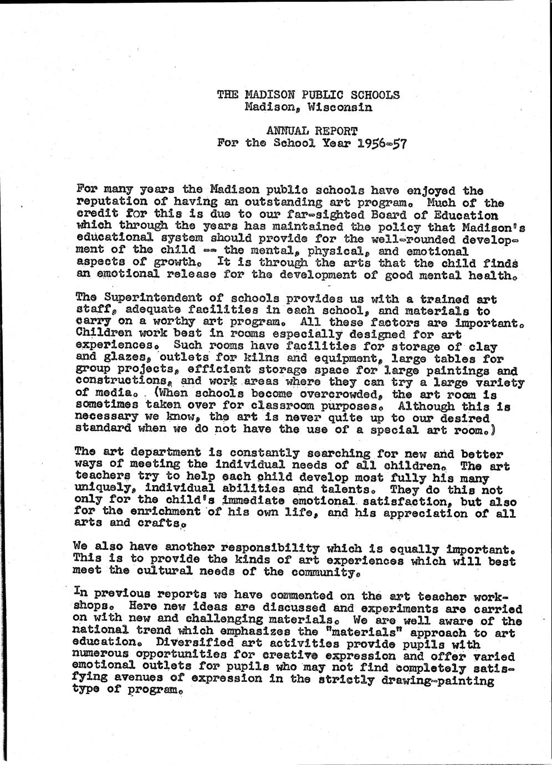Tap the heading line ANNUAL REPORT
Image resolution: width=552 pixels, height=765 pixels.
pos(312,131)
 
